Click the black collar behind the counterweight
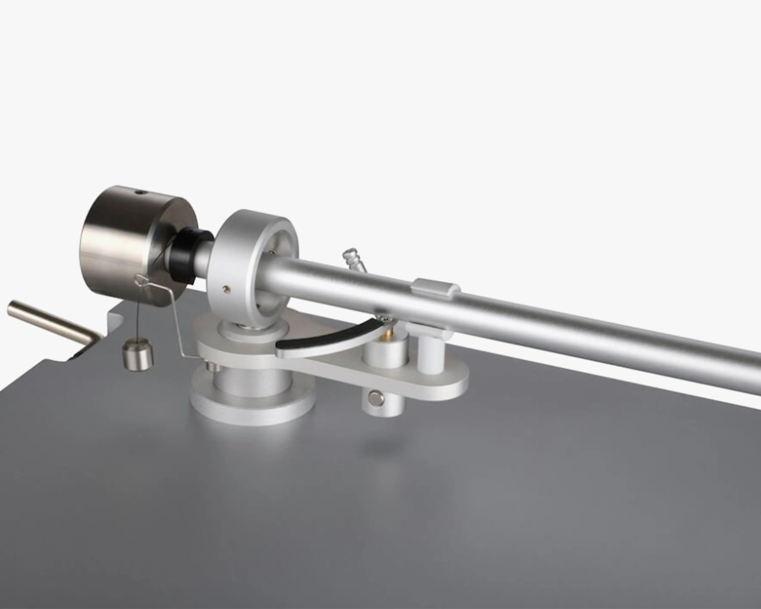coord(186,254)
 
